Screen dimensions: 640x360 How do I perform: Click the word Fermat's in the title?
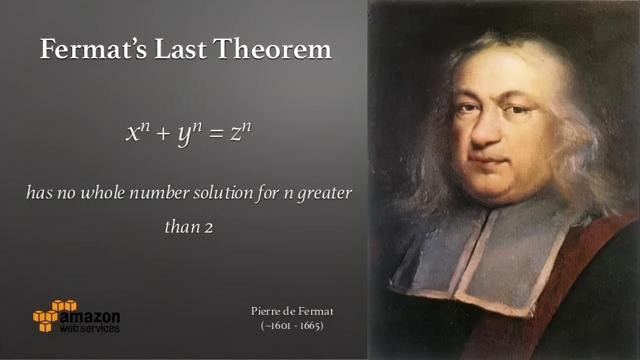93,49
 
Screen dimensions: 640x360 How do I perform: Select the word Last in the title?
181,49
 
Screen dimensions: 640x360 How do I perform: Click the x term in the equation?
138,132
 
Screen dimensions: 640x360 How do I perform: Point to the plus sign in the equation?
164,134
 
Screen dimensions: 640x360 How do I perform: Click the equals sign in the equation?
216,133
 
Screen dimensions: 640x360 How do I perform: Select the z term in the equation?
241,132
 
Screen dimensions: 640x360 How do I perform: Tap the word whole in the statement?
103,193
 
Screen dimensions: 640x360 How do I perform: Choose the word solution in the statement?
223,193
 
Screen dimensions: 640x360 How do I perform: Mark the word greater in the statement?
325,194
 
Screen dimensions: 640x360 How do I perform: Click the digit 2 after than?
209,228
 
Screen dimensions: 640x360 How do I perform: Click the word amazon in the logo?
90,317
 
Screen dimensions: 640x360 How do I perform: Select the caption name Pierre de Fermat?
292,311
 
